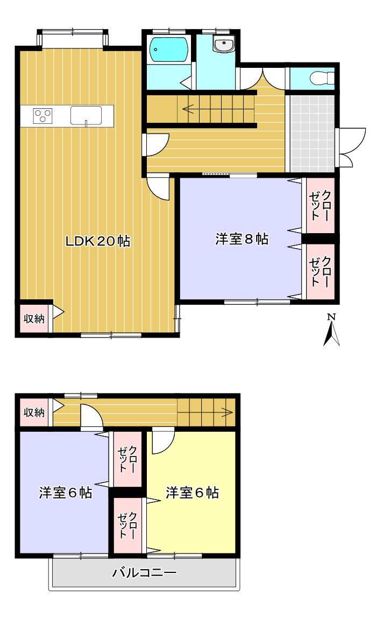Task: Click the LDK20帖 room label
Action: pos(97,241)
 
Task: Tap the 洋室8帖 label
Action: pos(242,239)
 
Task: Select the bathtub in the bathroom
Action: pos(169,50)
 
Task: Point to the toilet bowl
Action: pos(322,78)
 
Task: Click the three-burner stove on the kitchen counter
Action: pos(43,116)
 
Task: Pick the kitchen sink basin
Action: pos(86,116)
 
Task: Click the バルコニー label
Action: pos(144,572)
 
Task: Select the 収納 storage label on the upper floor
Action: pos(34,412)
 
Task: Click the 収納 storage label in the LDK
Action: pos(34,318)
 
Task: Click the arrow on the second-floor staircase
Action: pos(227,412)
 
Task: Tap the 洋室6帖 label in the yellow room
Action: pos(192,492)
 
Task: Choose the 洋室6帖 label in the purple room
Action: pos(66,492)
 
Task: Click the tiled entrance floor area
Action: pos(312,133)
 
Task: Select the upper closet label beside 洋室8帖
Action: pos(321,206)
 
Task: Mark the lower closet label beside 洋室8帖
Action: pos(321,271)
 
